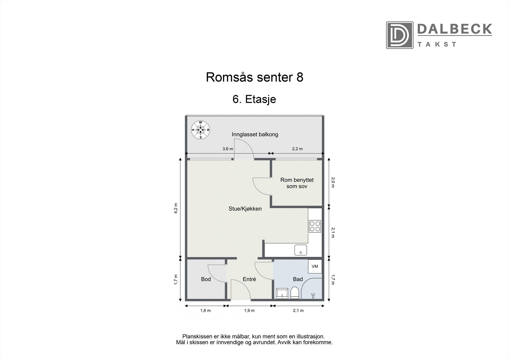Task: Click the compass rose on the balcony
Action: coord(200,130)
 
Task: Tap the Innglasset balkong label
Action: coord(255,134)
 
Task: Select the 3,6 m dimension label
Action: coord(227,149)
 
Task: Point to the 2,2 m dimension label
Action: coord(297,149)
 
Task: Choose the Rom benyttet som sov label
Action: coord(297,183)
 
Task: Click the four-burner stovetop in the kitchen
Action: coord(315,226)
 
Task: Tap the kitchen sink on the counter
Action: coord(301,250)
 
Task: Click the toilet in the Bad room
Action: coord(295,293)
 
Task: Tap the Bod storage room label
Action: coord(206,279)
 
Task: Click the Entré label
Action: coord(249,279)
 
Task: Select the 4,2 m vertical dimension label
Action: coord(176,208)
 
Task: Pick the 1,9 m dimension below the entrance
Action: coord(249,311)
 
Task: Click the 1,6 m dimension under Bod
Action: coord(205,311)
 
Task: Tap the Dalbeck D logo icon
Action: coord(400,35)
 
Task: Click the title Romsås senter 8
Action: coord(254,77)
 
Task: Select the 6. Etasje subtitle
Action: coord(254,99)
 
